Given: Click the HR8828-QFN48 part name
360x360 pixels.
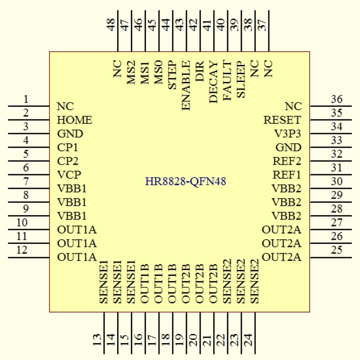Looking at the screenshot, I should pyautogui.click(x=186, y=182).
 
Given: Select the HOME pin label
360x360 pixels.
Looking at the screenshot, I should pyautogui.click(x=75, y=120).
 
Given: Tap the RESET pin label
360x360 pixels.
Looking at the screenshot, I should pyautogui.click(x=283, y=120).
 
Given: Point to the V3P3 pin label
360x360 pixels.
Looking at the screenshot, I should pyautogui.click(x=288, y=134).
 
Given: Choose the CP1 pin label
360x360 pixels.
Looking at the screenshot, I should pyautogui.click(x=68, y=148).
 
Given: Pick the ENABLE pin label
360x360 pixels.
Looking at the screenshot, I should pyautogui.click(x=186, y=85).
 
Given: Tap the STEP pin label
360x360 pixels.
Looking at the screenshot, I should pyautogui.click(x=172, y=75).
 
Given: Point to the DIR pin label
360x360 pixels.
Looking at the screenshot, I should pyautogui.click(x=200, y=71).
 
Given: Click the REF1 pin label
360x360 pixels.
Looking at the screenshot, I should pyautogui.click(x=287, y=175).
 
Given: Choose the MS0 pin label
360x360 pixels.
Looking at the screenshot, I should pyautogui.click(x=158, y=72).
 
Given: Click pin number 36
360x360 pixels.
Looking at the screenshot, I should pyautogui.click(x=337, y=100).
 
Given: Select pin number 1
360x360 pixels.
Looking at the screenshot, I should pyautogui.click(x=26, y=100).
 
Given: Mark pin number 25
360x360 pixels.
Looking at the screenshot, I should pyautogui.click(x=337, y=250).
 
